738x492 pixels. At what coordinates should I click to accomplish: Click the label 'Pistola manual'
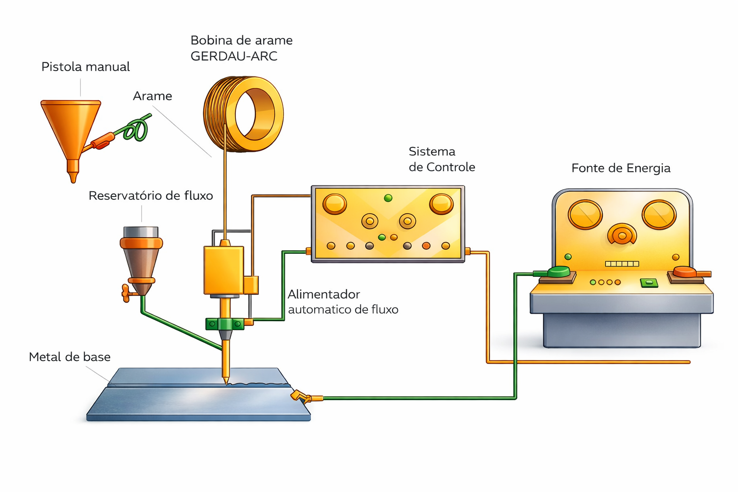click(x=86, y=67)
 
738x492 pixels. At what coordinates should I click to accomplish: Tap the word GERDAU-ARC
click(x=234, y=57)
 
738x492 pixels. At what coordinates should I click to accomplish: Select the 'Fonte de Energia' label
click(x=621, y=168)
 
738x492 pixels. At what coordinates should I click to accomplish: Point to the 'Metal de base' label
click(x=70, y=357)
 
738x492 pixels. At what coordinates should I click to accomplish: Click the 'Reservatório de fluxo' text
click(x=150, y=196)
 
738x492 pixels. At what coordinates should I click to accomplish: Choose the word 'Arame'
click(x=152, y=96)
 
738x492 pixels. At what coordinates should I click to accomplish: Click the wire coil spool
click(x=244, y=114)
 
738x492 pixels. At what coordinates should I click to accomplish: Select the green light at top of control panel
click(x=388, y=198)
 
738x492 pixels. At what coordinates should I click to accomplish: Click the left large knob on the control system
click(x=334, y=204)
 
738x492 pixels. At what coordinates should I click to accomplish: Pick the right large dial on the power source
click(x=659, y=214)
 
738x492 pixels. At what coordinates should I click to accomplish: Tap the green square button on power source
click(x=649, y=283)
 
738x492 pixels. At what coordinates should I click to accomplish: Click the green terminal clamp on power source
click(x=558, y=272)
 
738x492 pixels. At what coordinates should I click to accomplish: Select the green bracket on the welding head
click(x=224, y=324)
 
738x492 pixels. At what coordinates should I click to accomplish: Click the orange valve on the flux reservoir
click(x=126, y=293)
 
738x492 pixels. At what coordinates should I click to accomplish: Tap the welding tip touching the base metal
click(x=225, y=380)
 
